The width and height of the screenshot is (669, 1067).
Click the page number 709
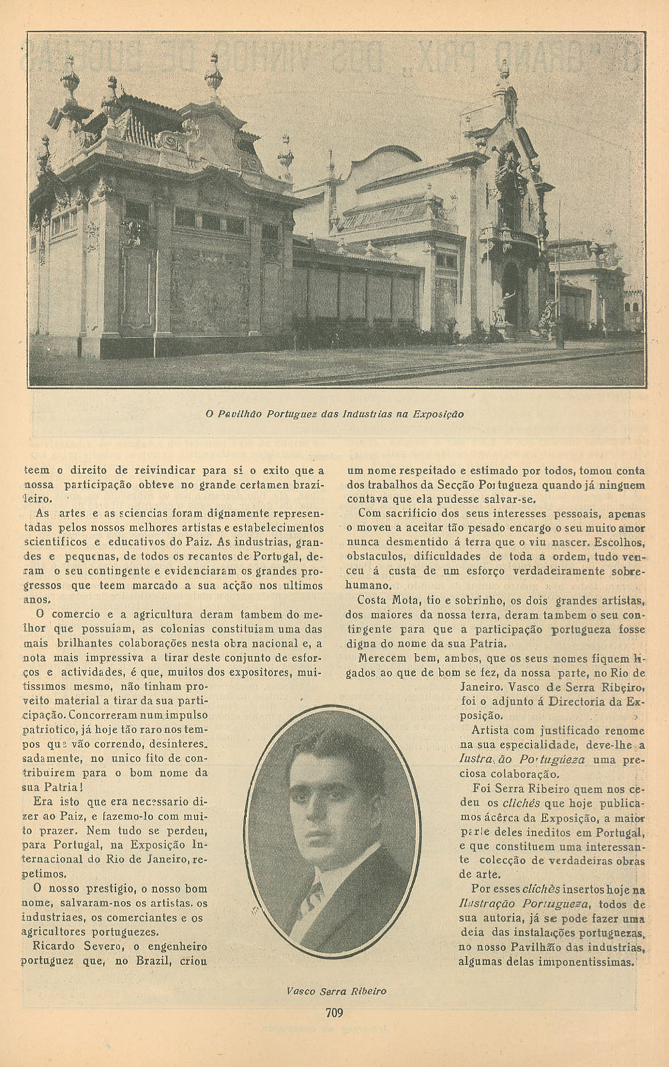pos(334,1012)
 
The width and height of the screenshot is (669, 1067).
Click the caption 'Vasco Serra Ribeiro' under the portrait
pos(336,991)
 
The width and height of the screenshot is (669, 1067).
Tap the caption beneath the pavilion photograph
pos(334,414)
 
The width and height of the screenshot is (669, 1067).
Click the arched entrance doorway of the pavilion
pos(511,294)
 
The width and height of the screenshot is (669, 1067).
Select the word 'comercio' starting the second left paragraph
pos(72,613)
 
